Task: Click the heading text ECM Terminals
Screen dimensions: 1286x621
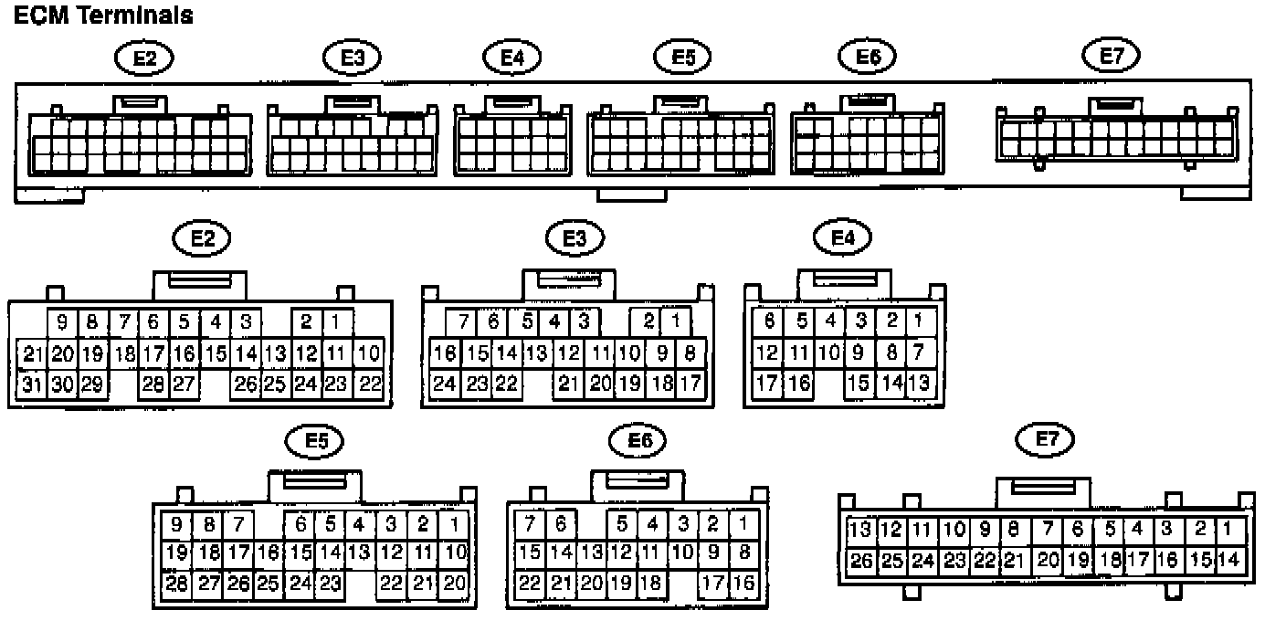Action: click(x=103, y=16)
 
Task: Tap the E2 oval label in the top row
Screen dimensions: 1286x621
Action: click(x=144, y=58)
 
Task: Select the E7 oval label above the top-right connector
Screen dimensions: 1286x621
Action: click(x=1110, y=56)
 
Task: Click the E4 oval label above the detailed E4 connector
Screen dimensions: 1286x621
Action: click(x=842, y=238)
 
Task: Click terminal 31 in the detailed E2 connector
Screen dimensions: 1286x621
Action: click(x=32, y=384)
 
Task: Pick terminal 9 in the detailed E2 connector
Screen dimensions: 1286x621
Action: click(x=63, y=321)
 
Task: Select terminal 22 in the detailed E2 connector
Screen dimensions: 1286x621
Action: click(x=369, y=384)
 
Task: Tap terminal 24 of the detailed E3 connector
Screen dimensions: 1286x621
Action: click(x=445, y=384)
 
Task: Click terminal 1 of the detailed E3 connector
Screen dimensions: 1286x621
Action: click(x=676, y=321)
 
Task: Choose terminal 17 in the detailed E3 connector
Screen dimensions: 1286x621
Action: click(x=690, y=384)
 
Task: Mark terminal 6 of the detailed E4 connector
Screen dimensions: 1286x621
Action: click(x=769, y=321)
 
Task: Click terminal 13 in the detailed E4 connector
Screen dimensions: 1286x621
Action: click(x=919, y=384)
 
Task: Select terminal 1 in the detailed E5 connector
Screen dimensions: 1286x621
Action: click(x=456, y=525)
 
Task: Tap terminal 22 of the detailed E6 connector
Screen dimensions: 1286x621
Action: click(x=530, y=583)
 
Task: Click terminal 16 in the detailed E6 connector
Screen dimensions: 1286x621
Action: click(x=744, y=583)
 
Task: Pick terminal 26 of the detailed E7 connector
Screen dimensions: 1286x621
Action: click(x=860, y=559)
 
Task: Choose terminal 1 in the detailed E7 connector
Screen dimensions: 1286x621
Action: click(x=1228, y=529)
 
